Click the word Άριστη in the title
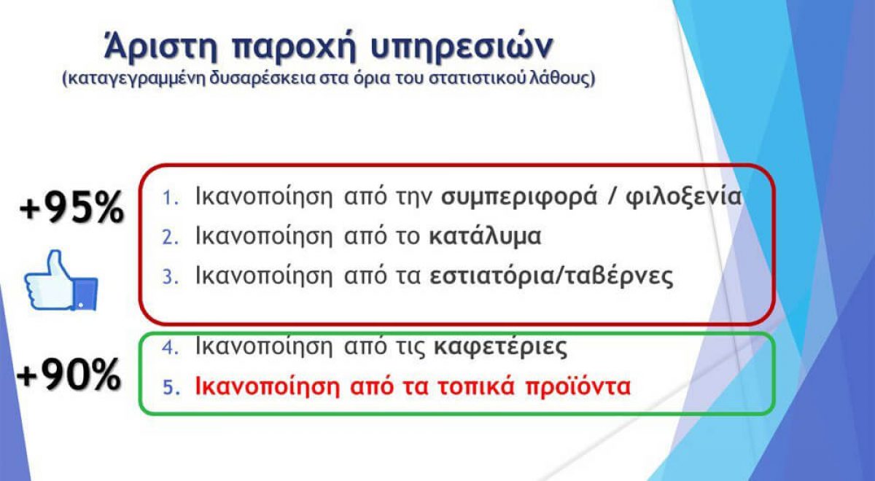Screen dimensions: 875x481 (x=160, y=46)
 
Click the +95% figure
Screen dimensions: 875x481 (x=72, y=208)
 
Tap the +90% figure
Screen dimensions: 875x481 (x=69, y=375)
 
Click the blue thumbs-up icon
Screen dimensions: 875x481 (x=61, y=281)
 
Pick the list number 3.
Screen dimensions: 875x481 (x=171, y=277)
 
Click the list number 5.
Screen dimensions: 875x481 (x=171, y=387)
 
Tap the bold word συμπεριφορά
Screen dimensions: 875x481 (x=519, y=198)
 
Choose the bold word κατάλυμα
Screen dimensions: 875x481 (x=485, y=237)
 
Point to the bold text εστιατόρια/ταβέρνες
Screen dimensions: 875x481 (x=551, y=276)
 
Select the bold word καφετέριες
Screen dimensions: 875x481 (x=501, y=347)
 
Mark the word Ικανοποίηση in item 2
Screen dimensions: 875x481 (x=264, y=236)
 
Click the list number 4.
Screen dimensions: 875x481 (x=171, y=347)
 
